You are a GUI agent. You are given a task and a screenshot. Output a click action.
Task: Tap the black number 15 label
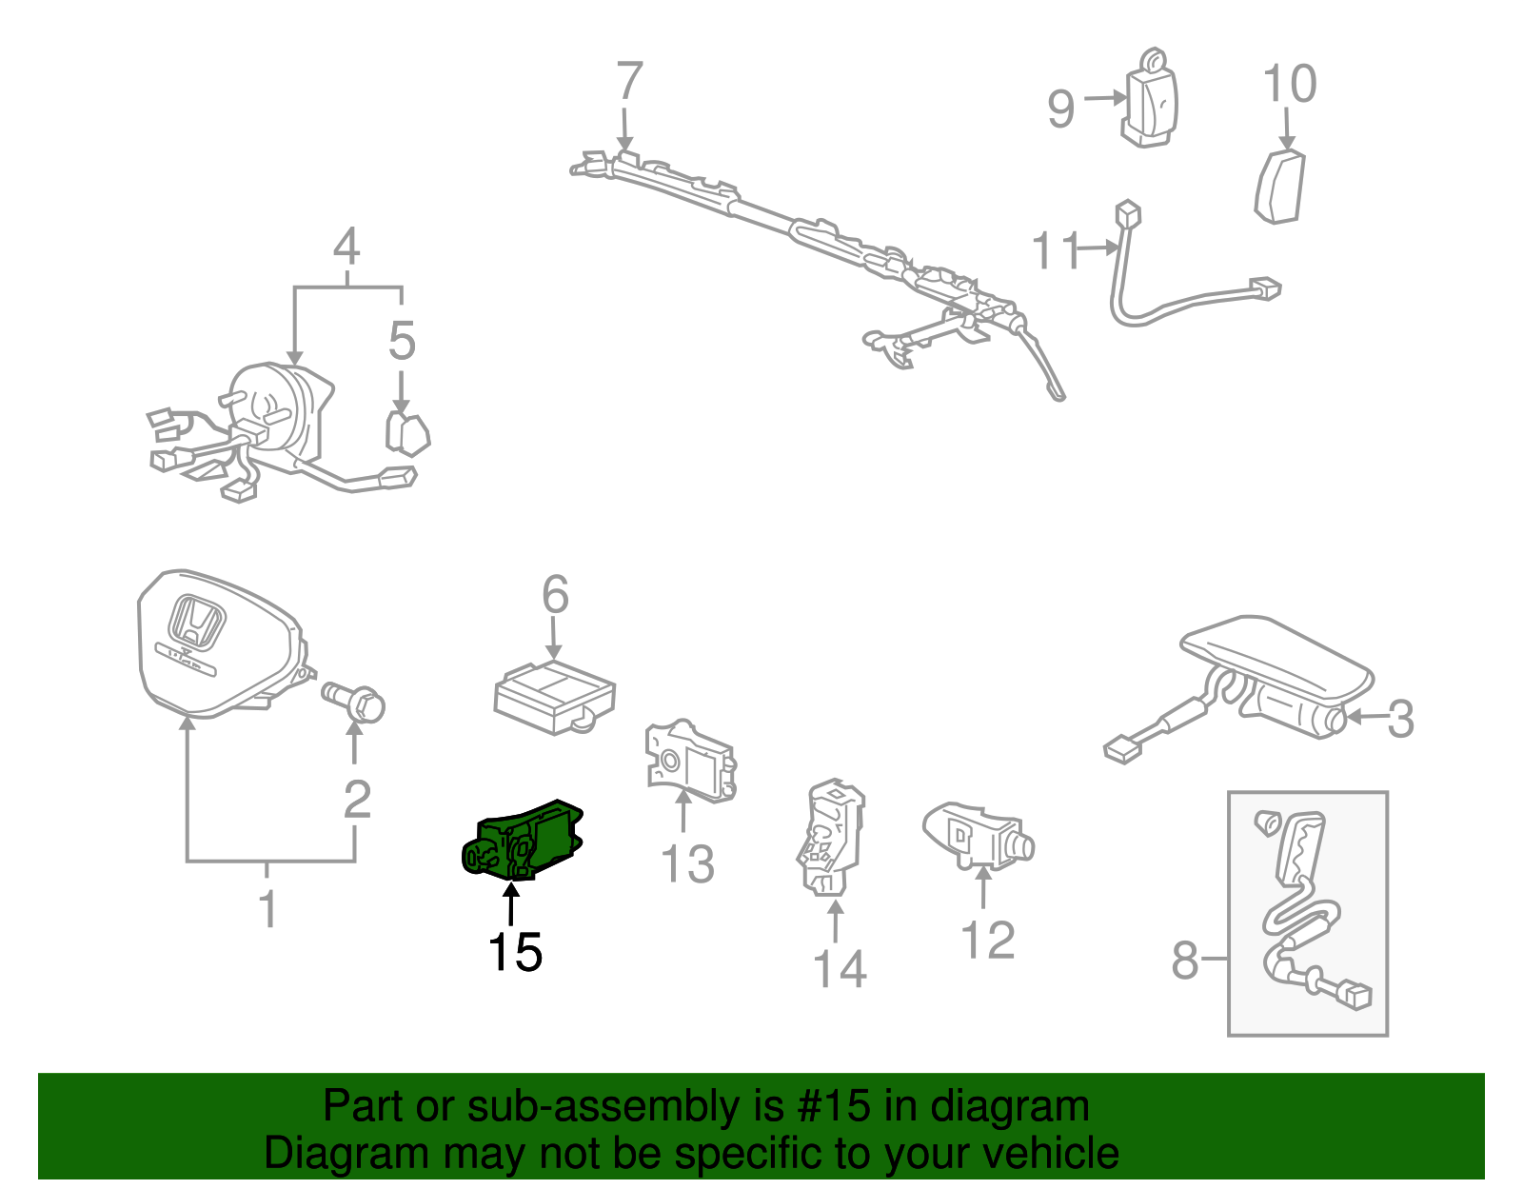pos(515,951)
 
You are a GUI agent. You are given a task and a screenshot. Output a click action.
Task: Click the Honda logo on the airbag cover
pos(197,624)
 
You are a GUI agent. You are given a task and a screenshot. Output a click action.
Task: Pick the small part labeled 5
pos(406,433)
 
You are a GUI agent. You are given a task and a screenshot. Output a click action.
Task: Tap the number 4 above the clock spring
pos(346,247)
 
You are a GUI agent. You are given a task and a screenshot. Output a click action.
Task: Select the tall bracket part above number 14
pos(830,837)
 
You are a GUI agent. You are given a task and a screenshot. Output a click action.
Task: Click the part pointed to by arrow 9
pos(1153,101)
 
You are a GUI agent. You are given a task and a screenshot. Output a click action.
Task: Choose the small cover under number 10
pos(1280,186)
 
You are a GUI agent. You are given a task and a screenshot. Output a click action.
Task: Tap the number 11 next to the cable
pos(1056,250)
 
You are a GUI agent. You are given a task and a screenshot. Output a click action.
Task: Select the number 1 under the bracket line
pos(268,908)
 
